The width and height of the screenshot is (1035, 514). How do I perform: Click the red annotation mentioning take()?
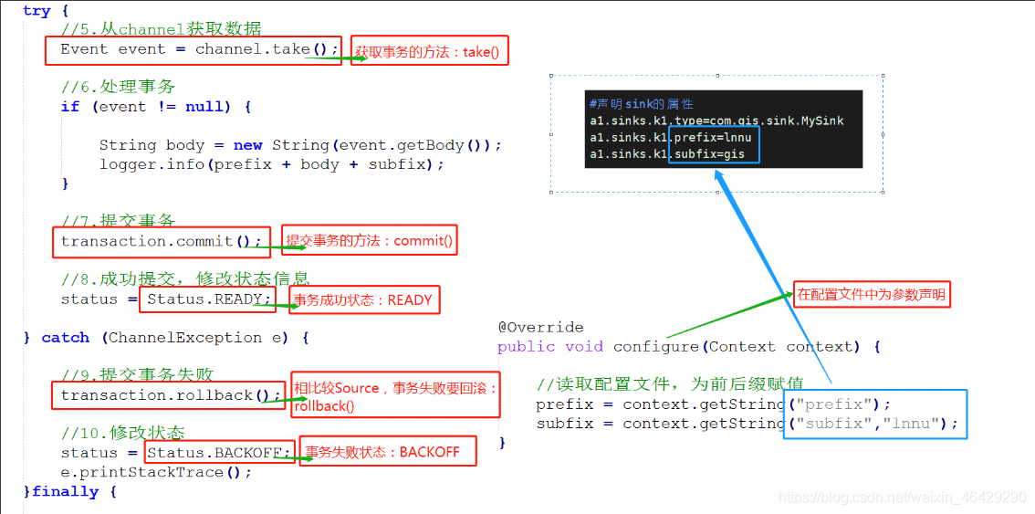pos(429,51)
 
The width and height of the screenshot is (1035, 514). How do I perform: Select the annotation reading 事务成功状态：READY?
pos(364,300)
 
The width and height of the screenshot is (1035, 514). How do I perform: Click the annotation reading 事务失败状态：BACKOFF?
pos(388,452)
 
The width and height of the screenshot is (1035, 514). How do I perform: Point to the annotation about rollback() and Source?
pos(394,396)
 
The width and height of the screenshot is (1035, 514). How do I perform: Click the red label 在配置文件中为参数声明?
pos(872,295)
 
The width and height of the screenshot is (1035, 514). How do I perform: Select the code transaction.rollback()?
pos(166,395)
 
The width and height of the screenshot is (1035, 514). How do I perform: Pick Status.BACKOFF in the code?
pos(218,453)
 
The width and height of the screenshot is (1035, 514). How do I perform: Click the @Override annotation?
pos(540,327)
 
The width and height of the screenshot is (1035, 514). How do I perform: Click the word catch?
pos(66,338)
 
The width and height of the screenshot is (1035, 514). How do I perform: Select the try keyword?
pos(37,11)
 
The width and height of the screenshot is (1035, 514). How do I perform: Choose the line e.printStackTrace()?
pos(156,472)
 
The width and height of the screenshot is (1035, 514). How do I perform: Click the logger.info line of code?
pos(271,164)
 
